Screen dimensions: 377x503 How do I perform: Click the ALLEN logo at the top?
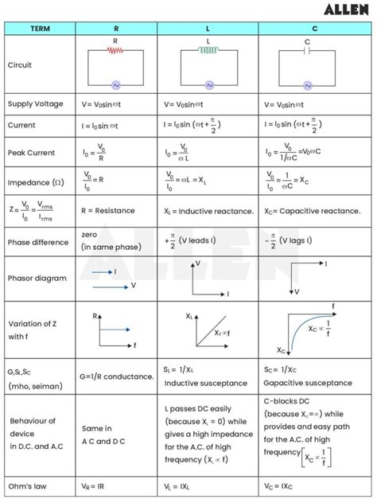[x=346, y=10]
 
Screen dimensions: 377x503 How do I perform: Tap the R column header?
[x=116, y=29]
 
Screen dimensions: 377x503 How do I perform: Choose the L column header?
[x=209, y=29]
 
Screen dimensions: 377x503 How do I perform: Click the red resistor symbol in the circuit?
[x=116, y=49]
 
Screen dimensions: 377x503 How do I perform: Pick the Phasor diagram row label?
[x=37, y=279]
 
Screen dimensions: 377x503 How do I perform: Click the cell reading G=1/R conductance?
[x=117, y=376]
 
